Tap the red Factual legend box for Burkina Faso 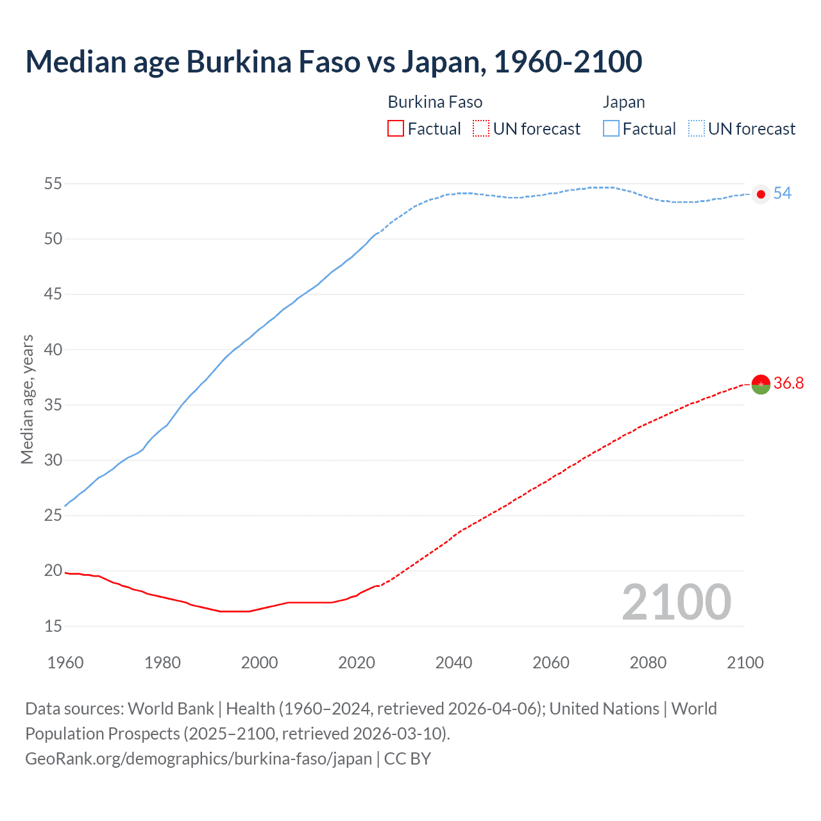(396, 129)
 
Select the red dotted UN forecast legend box (481, 129)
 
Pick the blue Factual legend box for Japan (611, 129)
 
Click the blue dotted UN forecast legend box (696, 129)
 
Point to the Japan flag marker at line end (761, 194)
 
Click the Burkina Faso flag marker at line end (761, 384)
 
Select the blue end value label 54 (783, 194)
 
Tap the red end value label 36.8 (788, 384)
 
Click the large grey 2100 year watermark (676, 602)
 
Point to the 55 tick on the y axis (53, 184)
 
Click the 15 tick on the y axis (53, 626)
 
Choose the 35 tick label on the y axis (53, 405)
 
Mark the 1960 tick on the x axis (65, 663)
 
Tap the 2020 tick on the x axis (357, 663)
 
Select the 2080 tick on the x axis (648, 663)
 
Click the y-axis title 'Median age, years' (28, 399)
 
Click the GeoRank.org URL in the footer (198, 759)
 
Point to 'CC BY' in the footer (407, 759)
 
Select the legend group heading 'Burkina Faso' (435, 103)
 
